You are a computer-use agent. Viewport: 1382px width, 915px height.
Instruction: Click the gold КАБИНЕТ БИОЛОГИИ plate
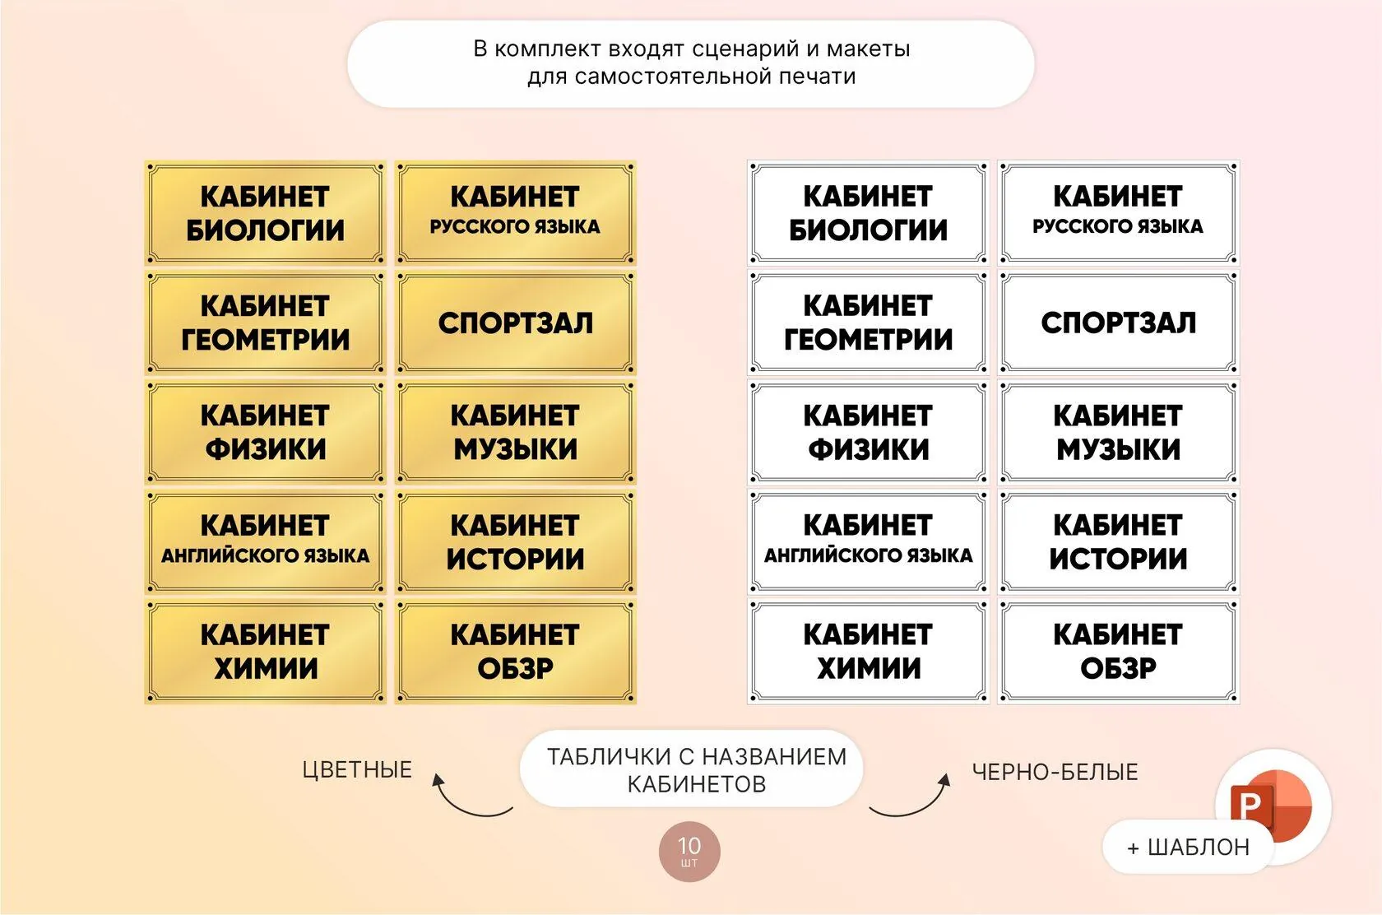pos(265,213)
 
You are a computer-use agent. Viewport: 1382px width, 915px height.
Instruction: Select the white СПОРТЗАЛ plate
pos(1119,323)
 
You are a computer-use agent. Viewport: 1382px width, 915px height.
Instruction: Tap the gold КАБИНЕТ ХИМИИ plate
pos(265,652)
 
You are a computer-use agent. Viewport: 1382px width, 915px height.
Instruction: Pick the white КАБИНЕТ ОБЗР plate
pos(1119,652)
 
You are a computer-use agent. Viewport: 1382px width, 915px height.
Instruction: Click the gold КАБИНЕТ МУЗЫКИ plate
pos(516,432)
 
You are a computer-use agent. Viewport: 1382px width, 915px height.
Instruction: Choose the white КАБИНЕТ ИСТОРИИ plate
pos(1119,541)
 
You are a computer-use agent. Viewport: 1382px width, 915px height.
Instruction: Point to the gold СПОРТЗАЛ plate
pos(516,323)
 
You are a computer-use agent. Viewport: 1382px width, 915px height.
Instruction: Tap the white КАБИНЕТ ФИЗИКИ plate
pos(868,432)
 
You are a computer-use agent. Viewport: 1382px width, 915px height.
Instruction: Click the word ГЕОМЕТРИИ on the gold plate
pos(265,340)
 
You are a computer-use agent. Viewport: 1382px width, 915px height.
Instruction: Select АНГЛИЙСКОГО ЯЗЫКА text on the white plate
pos(868,555)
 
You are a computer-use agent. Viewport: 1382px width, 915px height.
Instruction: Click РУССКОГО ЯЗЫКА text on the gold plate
pos(515,226)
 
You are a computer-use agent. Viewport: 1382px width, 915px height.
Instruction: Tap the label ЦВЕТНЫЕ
pos(357,770)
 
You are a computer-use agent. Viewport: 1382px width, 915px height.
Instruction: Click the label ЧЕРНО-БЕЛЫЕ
pos(1055,772)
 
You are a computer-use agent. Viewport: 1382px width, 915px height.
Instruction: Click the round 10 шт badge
pos(689,852)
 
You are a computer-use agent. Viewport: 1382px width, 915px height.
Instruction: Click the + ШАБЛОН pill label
pos(1188,848)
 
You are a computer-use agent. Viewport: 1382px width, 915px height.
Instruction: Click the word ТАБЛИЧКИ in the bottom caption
pos(609,757)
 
